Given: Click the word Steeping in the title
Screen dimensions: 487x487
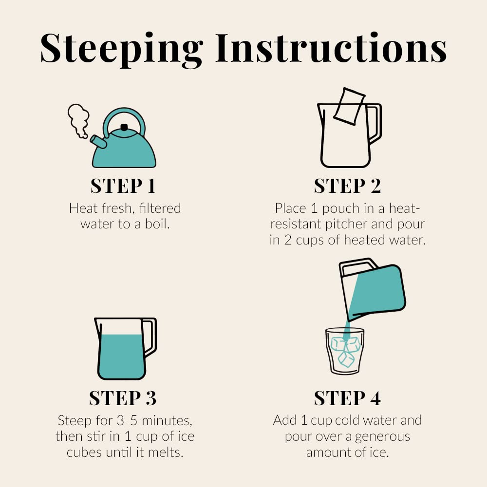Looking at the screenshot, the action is pyautogui.click(x=121, y=50).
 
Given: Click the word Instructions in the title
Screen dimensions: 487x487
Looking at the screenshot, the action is pyautogui.click(x=331, y=48).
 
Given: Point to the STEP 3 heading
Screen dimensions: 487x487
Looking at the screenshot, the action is pyautogui.click(x=123, y=398).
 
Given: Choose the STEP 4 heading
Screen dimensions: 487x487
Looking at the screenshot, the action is pyautogui.click(x=347, y=398).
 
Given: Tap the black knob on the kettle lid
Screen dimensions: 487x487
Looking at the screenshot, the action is pyautogui.click(x=124, y=127).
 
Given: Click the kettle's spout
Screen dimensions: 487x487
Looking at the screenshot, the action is pyautogui.click(x=98, y=142).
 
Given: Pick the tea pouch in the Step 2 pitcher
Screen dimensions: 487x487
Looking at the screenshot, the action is pyautogui.click(x=349, y=107).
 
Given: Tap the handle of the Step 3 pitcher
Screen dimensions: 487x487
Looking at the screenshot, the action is pyautogui.click(x=150, y=337).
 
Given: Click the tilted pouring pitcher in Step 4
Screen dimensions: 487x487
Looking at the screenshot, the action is pyautogui.click(x=373, y=289).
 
